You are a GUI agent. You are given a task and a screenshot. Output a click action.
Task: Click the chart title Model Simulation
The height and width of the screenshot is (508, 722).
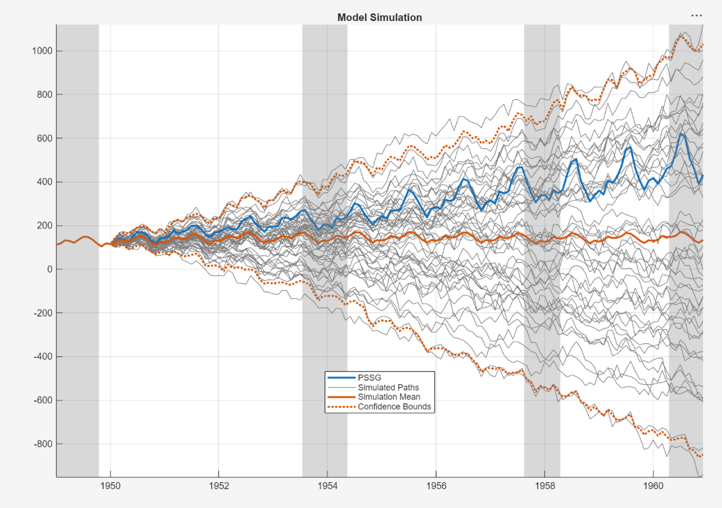click(379, 17)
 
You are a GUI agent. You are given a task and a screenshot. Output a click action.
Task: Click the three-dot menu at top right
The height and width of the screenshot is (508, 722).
click(696, 15)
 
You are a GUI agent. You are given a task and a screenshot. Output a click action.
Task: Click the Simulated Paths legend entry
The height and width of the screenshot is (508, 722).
click(388, 387)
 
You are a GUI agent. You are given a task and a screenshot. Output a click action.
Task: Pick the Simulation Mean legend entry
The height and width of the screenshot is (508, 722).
click(389, 397)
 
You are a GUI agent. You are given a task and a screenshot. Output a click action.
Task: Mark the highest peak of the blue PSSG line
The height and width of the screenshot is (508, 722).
click(681, 133)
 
